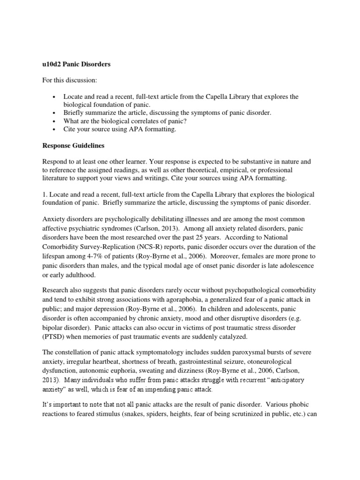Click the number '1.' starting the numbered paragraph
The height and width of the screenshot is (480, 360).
pos(45,195)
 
